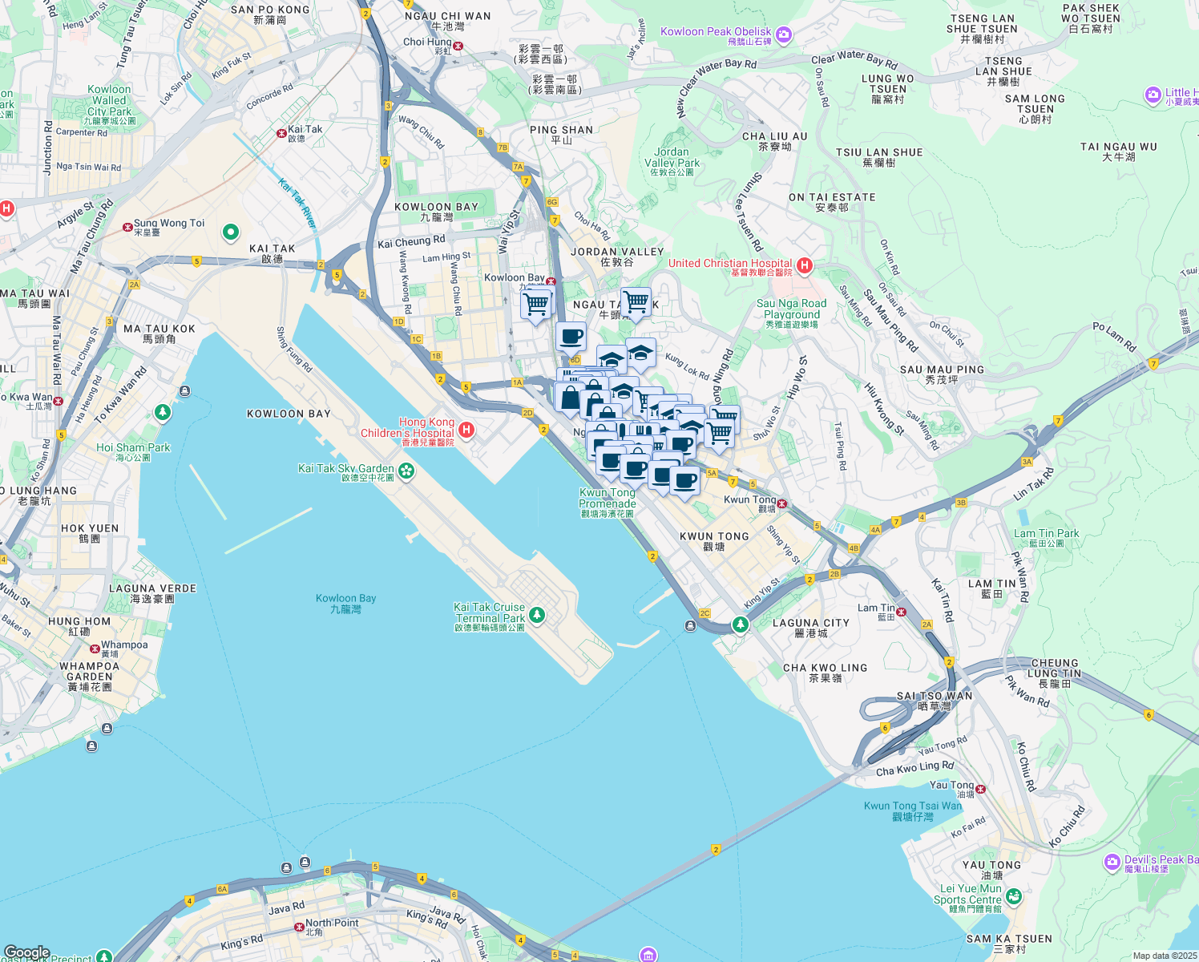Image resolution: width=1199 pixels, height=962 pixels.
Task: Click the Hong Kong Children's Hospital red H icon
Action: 466,430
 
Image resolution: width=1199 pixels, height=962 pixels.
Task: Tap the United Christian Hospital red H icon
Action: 805,265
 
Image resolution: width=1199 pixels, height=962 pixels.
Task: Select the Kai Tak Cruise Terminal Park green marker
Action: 536,615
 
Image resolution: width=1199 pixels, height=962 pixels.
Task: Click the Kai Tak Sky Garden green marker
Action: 406,471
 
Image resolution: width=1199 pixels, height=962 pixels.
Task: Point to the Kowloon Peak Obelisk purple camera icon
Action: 783,34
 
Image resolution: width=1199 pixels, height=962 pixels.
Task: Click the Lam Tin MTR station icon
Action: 901,612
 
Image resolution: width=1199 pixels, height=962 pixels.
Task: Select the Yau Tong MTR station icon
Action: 980,789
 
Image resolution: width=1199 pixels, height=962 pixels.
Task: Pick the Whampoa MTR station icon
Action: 95,648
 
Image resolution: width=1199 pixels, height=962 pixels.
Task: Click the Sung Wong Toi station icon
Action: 127,227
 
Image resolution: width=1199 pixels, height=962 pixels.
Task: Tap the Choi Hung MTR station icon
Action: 458,46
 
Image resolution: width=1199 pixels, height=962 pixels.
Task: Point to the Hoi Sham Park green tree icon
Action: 163,412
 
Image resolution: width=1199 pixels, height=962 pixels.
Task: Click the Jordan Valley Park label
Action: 672,158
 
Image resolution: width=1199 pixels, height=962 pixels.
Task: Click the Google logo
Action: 26,952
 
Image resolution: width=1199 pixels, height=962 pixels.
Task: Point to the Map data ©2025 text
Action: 1165,956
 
